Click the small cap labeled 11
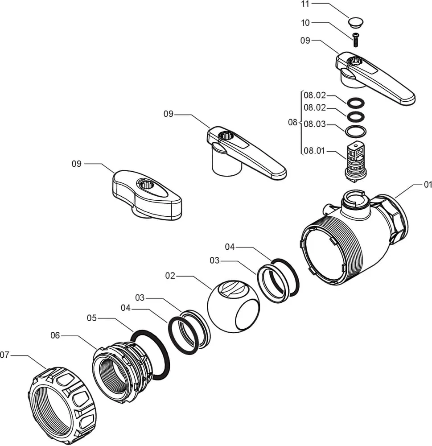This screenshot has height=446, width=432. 356,22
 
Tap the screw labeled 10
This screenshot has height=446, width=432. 356,40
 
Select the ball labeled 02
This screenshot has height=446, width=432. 234,307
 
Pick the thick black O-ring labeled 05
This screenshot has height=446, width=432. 150,355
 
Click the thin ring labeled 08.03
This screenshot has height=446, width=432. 355,131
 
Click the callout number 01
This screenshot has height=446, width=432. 428,185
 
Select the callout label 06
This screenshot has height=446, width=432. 55,335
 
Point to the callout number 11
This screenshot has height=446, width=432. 305,4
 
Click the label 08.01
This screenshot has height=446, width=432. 314,150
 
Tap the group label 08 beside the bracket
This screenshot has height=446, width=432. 292,122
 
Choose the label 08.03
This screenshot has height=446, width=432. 315,124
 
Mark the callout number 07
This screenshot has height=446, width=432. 4,355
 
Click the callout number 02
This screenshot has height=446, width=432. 170,276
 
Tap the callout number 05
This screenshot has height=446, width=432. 92,318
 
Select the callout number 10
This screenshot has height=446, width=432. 305,22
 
